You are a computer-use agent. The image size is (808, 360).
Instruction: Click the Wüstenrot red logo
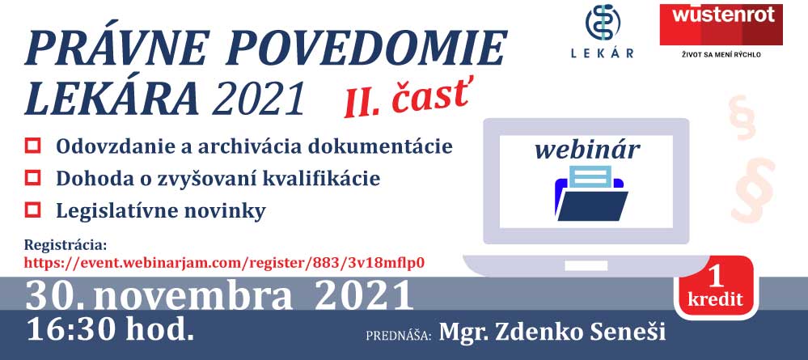721,25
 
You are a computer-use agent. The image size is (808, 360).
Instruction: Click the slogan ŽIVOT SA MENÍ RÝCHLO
721,55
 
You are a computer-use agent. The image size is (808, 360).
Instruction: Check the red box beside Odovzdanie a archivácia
32,146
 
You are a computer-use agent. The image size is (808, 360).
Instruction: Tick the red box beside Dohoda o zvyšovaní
32,178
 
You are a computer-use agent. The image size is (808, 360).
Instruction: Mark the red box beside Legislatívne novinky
32,210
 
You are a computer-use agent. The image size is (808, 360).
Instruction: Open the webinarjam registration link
224,262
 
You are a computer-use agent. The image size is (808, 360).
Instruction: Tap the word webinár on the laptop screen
587,150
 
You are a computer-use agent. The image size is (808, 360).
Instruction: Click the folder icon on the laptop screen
591,193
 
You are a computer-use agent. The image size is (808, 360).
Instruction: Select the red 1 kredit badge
715,286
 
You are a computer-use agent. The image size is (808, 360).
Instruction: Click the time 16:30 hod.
111,328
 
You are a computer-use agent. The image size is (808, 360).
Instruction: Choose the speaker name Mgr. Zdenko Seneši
552,332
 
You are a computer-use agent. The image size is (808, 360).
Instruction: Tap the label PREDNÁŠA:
398,336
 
